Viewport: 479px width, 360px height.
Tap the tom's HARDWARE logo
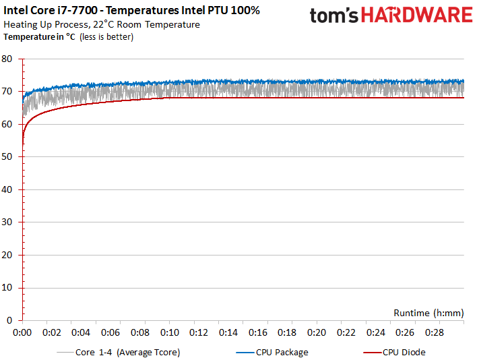(391, 16)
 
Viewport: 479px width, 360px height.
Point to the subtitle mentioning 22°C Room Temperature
(102, 24)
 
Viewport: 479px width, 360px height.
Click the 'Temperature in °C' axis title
(40, 36)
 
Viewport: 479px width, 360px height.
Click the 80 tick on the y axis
(8, 59)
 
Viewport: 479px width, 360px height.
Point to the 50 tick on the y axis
(8, 157)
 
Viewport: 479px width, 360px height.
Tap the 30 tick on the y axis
(8, 222)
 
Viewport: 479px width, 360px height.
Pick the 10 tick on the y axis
(8, 288)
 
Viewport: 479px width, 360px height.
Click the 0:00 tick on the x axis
(22, 332)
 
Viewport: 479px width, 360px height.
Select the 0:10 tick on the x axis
(170, 332)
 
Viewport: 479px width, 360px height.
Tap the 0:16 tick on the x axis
(258, 332)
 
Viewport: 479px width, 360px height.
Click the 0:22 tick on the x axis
(346, 332)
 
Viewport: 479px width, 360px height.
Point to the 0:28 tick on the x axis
(435, 332)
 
